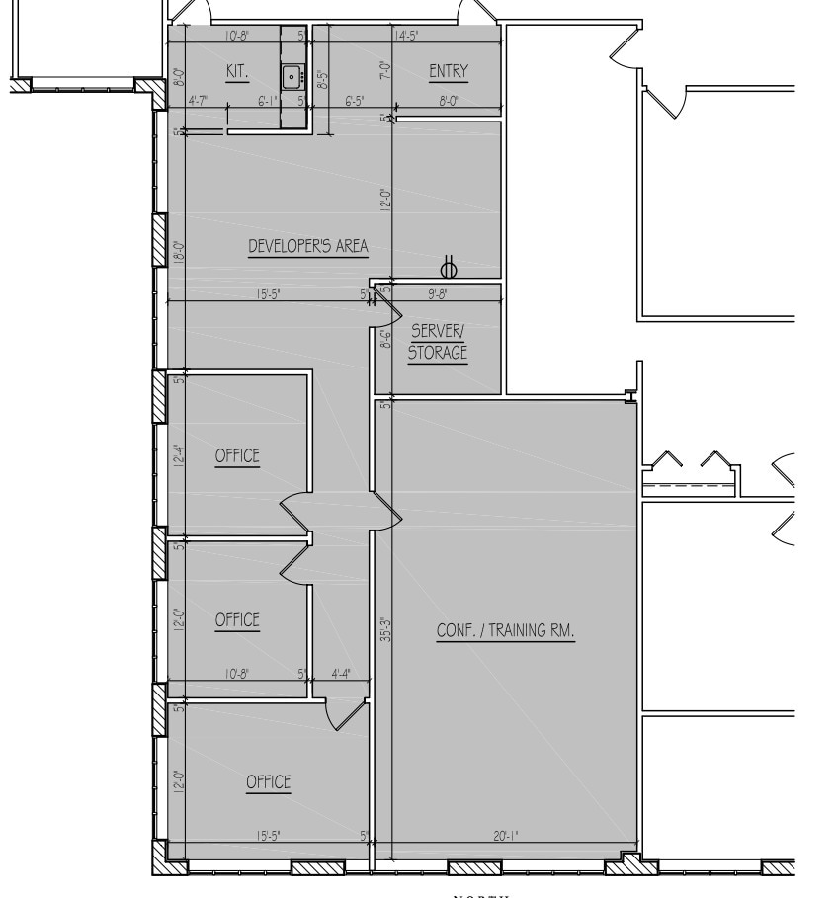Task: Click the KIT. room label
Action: (235, 71)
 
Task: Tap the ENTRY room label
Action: (448, 71)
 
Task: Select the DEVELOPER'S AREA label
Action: (307, 246)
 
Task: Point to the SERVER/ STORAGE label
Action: (438, 342)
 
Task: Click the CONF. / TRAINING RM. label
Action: (505, 630)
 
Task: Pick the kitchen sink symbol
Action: (292, 75)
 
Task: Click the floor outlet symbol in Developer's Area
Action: (449, 267)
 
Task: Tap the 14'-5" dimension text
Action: (408, 36)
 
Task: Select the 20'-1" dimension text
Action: (505, 836)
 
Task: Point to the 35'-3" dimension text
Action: (386, 630)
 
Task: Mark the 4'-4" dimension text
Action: (341, 674)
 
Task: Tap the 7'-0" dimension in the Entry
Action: (385, 71)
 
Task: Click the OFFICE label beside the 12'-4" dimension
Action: (237, 455)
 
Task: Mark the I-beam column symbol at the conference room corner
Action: (629, 396)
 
